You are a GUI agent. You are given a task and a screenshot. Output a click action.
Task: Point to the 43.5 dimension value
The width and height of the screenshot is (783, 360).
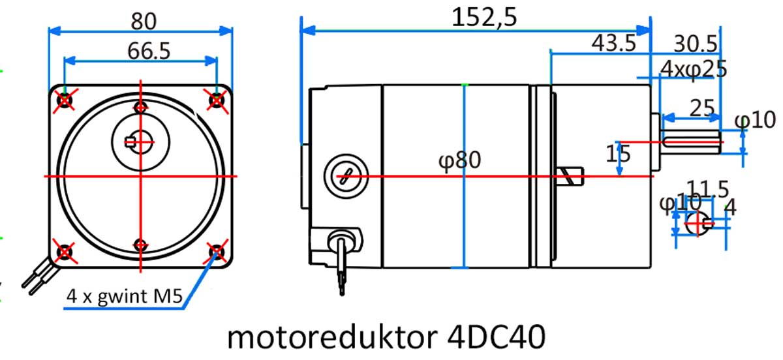(613, 43)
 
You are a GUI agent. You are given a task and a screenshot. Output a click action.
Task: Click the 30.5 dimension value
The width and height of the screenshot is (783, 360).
(696, 43)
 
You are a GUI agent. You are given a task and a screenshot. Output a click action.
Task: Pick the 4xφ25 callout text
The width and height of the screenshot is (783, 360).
(694, 68)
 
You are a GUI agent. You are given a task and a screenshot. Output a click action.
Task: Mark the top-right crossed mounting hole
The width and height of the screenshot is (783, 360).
(217, 100)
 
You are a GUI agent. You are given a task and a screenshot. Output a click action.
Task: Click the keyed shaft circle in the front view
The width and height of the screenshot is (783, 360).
(141, 139)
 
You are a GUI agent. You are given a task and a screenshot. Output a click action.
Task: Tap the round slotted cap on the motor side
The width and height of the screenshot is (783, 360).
(345, 176)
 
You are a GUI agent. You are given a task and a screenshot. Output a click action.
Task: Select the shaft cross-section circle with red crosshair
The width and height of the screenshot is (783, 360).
(696, 223)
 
